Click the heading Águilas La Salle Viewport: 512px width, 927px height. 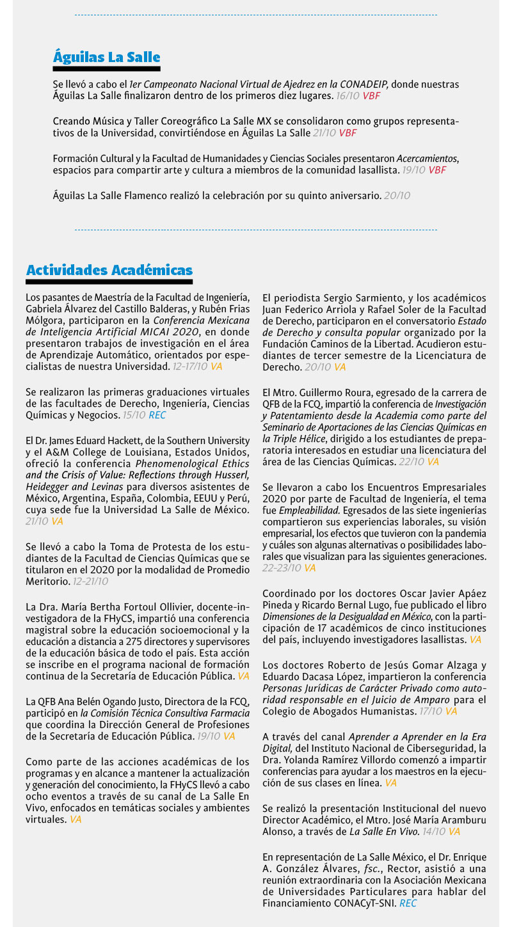click(106, 58)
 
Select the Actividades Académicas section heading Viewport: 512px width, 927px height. click(109, 270)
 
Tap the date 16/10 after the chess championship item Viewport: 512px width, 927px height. click(348, 95)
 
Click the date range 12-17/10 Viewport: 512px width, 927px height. click(190, 366)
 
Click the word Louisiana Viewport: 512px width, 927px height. click(138, 451)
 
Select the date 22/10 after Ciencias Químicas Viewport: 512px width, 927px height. click(413, 461)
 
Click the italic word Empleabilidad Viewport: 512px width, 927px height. click(303, 510)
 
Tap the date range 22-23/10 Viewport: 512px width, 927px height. click(282, 567)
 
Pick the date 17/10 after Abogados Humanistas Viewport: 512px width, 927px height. click(431, 711)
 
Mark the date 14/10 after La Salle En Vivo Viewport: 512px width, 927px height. click(435, 831)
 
